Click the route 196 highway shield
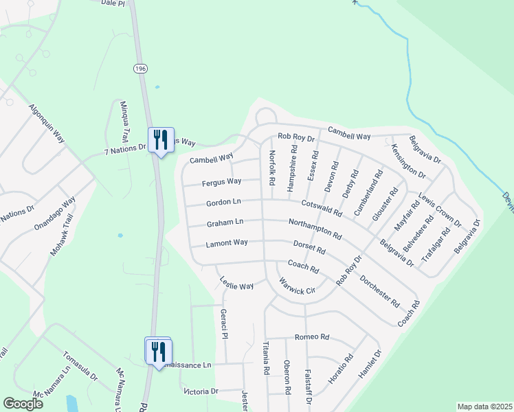click(141, 68)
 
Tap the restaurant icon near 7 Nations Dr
click(161, 140)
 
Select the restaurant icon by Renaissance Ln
click(158, 352)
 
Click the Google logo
click(23, 404)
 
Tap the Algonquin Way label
click(47, 124)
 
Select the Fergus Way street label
click(221, 182)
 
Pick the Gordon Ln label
click(224, 203)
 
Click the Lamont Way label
click(227, 243)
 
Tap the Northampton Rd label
click(315, 229)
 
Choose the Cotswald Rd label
click(321, 206)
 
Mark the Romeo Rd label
click(312, 337)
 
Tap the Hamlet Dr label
click(368, 364)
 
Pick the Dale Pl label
click(113, 3)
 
